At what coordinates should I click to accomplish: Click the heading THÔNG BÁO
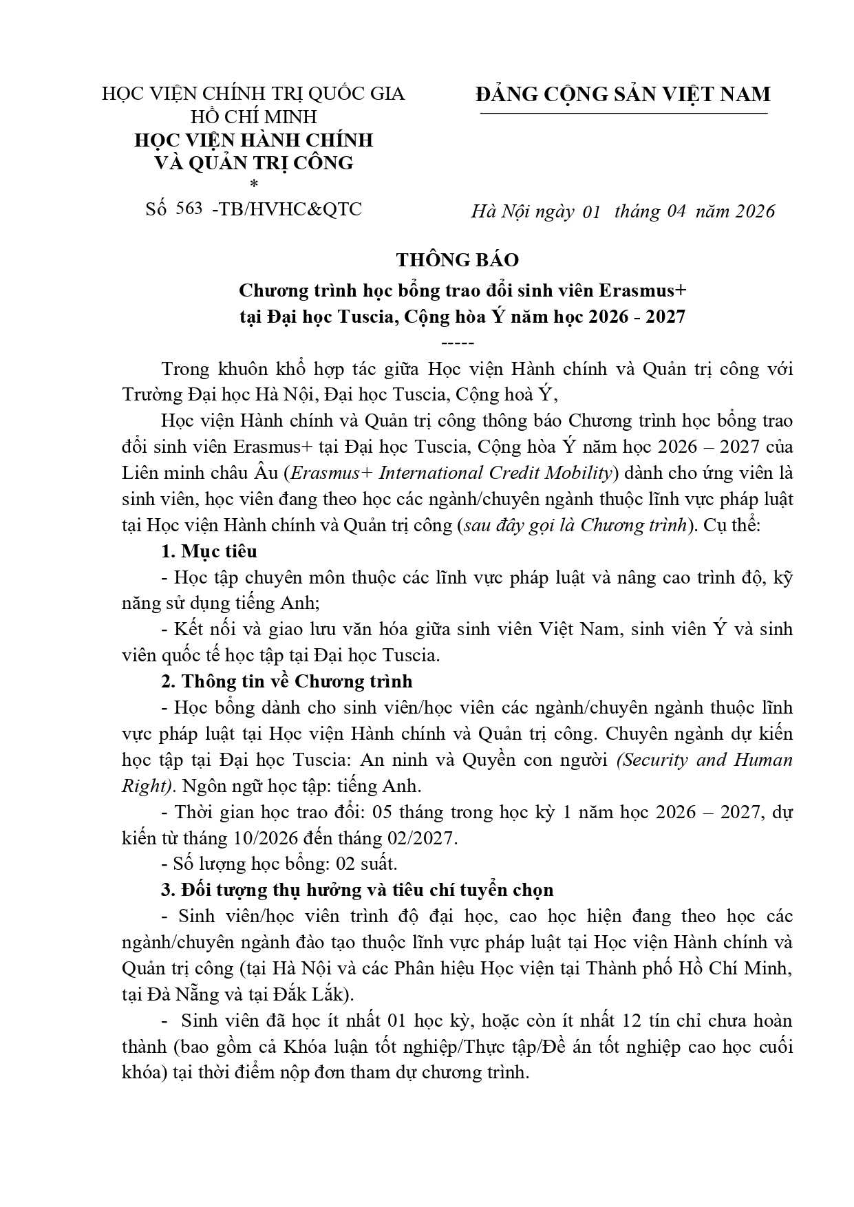click(457, 260)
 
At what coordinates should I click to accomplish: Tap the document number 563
click(189, 209)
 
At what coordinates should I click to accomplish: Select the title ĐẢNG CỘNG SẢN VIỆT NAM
click(623, 94)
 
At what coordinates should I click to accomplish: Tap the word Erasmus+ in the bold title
click(643, 291)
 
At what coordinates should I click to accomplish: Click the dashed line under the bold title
click(456, 343)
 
